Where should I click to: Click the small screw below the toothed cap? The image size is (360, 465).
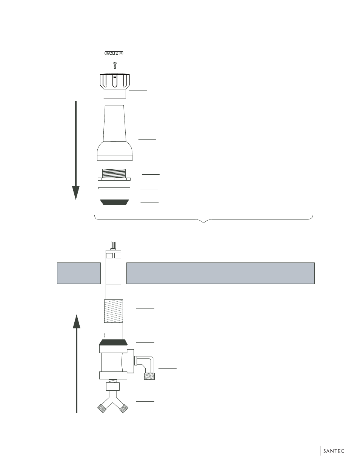pyautogui.click(x=115, y=65)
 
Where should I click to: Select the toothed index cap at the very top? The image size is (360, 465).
pyautogui.click(x=114, y=53)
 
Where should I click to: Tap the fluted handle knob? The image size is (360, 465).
pyautogui.click(x=115, y=86)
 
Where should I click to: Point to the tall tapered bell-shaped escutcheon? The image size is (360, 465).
pyautogui.click(x=115, y=133)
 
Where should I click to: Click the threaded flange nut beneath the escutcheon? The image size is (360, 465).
pyautogui.click(x=114, y=175)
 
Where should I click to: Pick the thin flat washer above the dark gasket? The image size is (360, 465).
pyautogui.click(x=114, y=188)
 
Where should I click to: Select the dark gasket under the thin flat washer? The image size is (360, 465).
pyautogui.click(x=114, y=202)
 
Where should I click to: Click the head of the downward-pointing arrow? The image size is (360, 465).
pyautogui.click(x=75, y=193)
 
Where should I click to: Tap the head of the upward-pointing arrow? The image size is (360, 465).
pyautogui.click(x=76, y=321)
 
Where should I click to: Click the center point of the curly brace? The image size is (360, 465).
pyautogui.click(x=203, y=223)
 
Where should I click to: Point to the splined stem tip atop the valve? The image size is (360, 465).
pyautogui.click(x=113, y=246)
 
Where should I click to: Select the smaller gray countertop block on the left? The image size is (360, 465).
pyautogui.click(x=79, y=273)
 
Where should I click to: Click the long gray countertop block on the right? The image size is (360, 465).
pyautogui.click(x=220, y=273)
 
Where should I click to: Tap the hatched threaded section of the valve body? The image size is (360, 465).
pyautogui.click(x=114, y=311)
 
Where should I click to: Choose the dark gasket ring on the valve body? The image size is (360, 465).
pyautogui.click(x=113, y=342)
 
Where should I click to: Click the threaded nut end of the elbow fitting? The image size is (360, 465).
pyautogui.click(x=149, y=376)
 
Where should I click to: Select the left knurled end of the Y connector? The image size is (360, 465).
pyautogui.click(x=102, y=408)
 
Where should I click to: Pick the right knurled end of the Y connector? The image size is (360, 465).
pyautogui.click(x=124, y=408)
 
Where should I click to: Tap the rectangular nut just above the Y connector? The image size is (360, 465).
pyautogui.click(x=113, y=387)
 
